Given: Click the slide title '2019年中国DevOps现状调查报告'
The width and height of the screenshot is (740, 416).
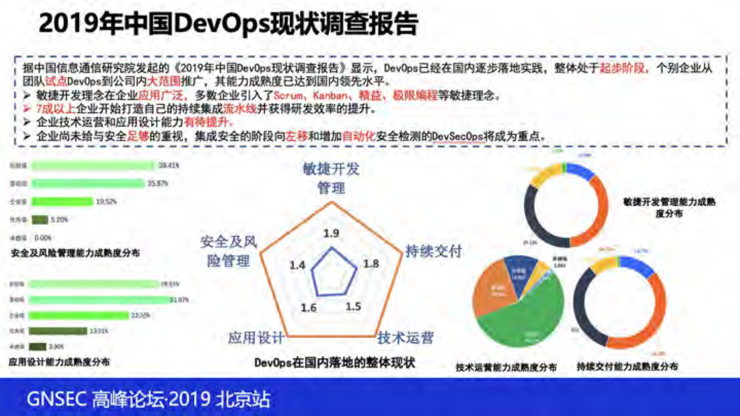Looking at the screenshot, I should pyautogui.click(x=228, y=23).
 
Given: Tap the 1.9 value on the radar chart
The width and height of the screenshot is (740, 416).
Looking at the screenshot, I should pyautogui.click(x=331, y=233).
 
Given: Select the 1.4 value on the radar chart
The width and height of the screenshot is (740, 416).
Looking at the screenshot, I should pyautogui.click(x=297, y=265).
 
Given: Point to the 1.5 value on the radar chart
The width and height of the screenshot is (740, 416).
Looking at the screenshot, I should pyautogui.click(x=353, y=306).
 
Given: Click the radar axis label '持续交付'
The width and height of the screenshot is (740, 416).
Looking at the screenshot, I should pyautogui.click(x=433, y=251).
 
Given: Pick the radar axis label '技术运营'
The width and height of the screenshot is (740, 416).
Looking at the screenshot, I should pyautogui.click(x=405, y=338).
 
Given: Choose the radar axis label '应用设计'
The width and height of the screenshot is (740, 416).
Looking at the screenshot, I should pyautogui.click(x=256, y=338).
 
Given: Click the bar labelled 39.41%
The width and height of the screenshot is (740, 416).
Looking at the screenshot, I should pyautogui.click(x=93, y=166).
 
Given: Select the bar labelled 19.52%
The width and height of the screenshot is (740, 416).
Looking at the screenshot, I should pyautogui.click(x=62, y=201).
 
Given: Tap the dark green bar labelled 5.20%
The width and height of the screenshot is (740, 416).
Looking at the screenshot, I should pyautogui.click(x=40, y=220).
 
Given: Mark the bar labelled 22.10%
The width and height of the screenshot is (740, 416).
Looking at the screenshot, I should pyautogui.click(x=78, y=316).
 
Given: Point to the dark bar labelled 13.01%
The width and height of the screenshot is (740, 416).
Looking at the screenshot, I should pyautogui.click(x=58, y=331).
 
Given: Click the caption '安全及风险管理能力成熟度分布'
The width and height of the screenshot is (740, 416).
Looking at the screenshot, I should pyautogui.click(x=75, y=253).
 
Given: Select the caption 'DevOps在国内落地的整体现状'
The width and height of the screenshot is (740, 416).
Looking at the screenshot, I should pyautogui.click(x=334, y=363).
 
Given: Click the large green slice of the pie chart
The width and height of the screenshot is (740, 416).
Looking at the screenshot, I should pyautogui.click(x=527, y=322).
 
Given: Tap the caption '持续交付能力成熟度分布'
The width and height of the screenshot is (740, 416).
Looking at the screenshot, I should pyautogui.click(x=627, y=367).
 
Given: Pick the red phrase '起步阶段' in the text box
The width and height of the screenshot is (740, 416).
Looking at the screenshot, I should pyautogui.click(x=622, y=68).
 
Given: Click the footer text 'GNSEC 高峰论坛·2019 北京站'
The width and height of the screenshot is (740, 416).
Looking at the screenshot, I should pyautogui.click(x=148, y=399).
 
